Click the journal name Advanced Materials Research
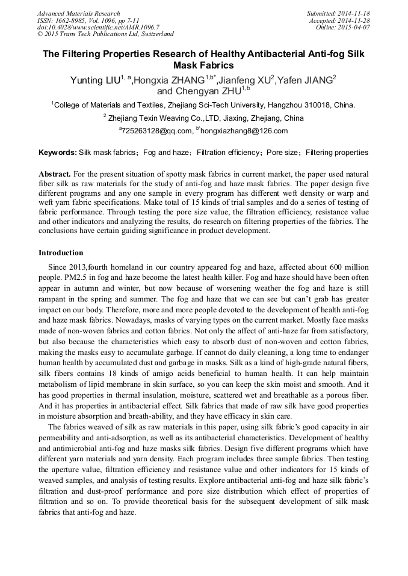coord(78,13)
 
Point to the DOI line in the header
coord(98,27)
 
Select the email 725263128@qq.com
coord(156,130)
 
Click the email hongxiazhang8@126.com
coord(244,130)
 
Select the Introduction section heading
coord(61,252)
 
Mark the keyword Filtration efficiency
coord(227,153)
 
